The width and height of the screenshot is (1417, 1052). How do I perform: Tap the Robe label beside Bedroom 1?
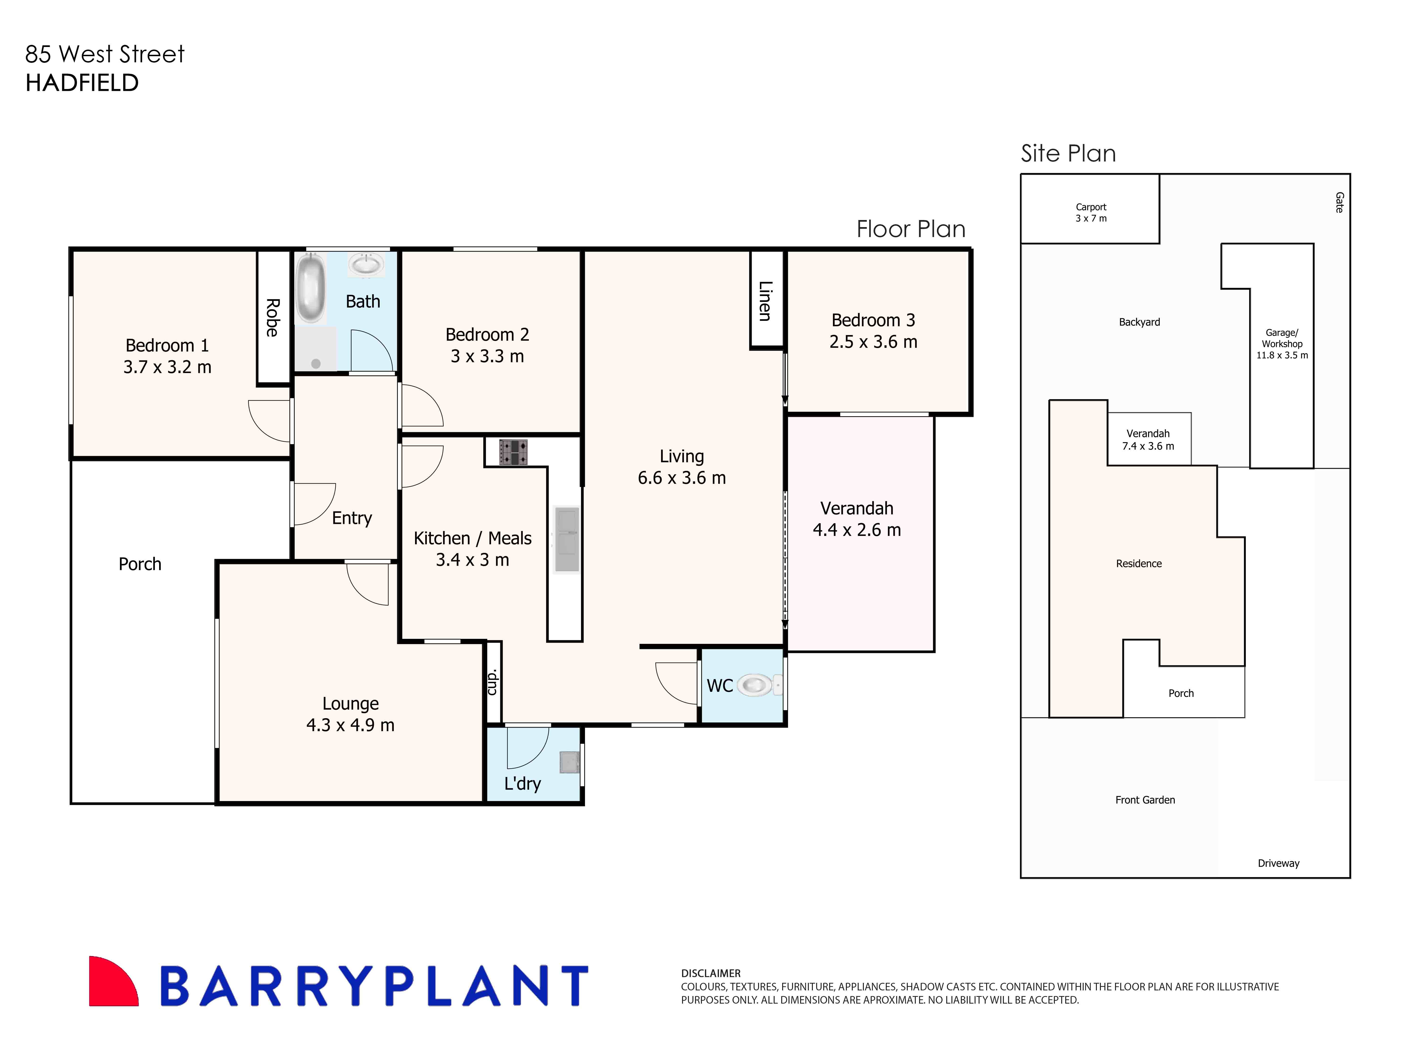coord(273,317)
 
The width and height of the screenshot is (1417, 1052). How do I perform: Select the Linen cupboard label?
coord(765,301)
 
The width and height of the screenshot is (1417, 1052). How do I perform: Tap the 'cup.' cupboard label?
coord(492,682)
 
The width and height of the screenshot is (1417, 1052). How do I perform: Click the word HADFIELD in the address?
coord(82,83)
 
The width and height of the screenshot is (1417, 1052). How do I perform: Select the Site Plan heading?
coord(1068,153)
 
